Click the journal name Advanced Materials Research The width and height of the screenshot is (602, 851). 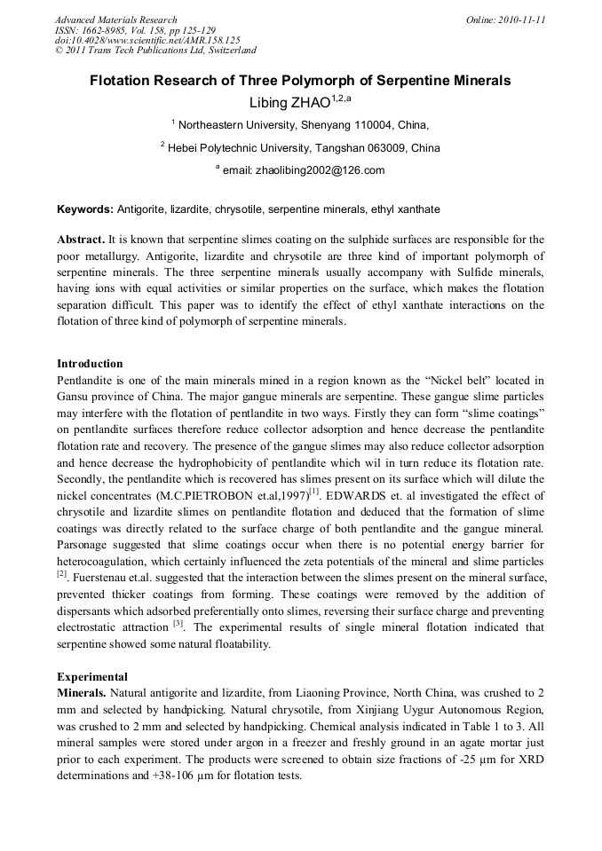point(115,20)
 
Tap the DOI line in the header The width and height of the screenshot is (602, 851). point(147,40)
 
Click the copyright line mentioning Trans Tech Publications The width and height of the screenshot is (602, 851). point(155,51)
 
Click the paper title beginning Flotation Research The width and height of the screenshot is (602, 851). point(300,81)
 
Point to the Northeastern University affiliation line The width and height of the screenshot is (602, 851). point(300,125)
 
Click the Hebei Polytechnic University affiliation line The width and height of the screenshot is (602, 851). point(300,148)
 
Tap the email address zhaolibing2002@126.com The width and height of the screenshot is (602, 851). point(320,170)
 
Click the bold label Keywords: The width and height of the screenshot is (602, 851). point(85,209)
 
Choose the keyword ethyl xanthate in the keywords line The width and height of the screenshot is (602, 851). point(406,209)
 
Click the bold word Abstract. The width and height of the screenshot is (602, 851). point(81,240)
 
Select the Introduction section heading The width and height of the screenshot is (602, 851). point(90,364)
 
